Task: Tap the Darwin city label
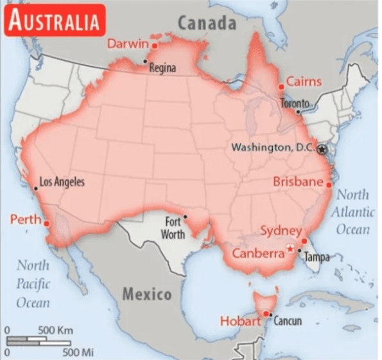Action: click(x=128, y=44)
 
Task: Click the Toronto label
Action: click(x=297, y=104)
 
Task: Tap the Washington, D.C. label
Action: click(x=273, y=148)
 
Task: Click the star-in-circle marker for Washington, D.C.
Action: click(x=322, y=148)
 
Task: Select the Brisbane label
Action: click(x=298, y=181)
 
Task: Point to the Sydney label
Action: click(x=281, y=230)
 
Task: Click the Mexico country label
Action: click(x=146, y=295)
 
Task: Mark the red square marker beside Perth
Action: click(x=46, y=222)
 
